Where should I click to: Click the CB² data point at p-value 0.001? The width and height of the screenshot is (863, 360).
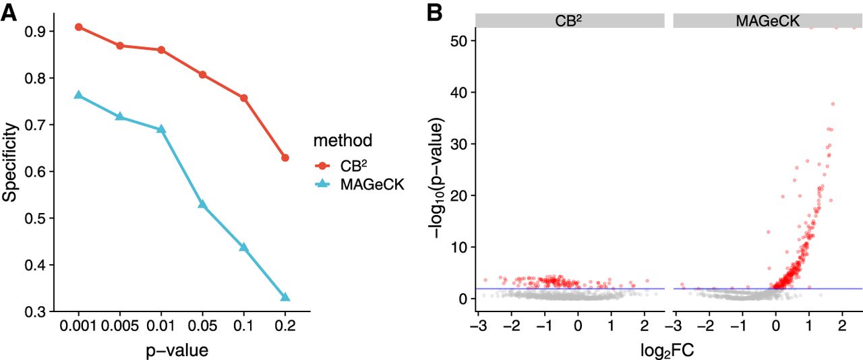pos(79,27)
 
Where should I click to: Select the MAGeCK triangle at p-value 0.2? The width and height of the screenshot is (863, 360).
pos(285,297)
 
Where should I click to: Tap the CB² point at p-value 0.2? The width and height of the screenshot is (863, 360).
pos(285,158)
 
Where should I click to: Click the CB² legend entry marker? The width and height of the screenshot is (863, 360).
pos(324,165)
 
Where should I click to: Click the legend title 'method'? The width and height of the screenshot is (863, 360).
pos(343,141)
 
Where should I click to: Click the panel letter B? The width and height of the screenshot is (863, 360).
pos(434,12)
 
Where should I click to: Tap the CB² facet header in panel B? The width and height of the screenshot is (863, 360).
pos(570,22)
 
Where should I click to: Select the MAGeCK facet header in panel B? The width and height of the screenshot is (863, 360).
pos(768,22)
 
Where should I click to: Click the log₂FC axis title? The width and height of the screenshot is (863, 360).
pos(669,350)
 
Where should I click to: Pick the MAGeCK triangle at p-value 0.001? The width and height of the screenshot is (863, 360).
pos(79,95)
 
